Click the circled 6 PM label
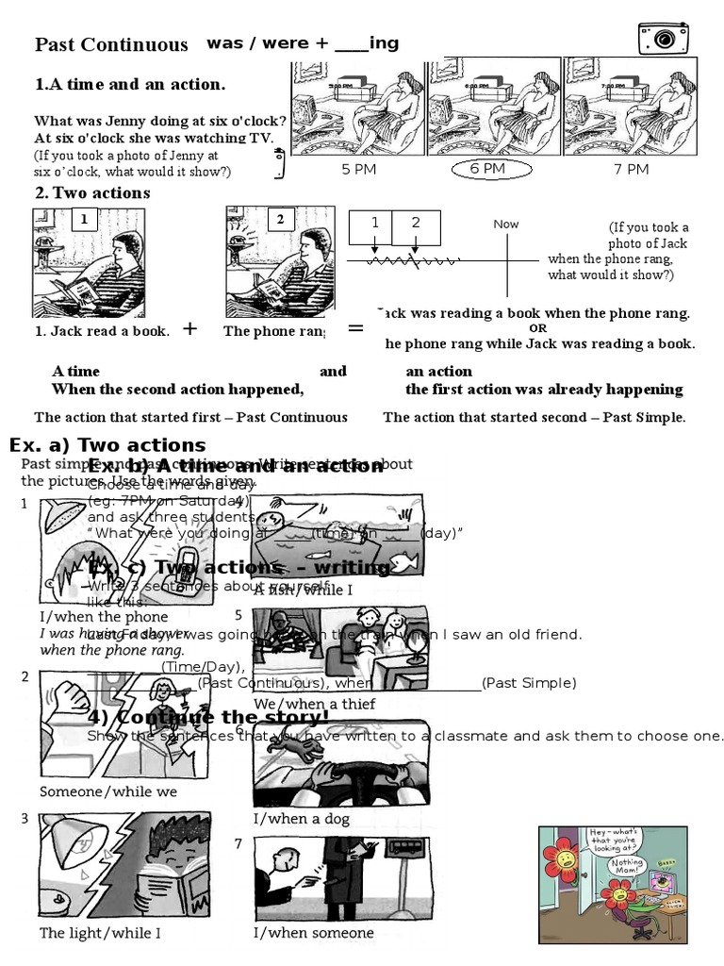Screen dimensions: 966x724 click(x=487, y=169)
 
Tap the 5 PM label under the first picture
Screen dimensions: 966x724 click(x=358, y=169)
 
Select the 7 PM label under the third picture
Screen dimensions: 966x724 click(x=631, y=169)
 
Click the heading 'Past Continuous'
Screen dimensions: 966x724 click(x=111, y=44)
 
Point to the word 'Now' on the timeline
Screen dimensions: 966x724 click(x=505, y=225)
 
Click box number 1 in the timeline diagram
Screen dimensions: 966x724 click(x=374, y=223)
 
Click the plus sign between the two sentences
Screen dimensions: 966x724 click(x=189, y=328)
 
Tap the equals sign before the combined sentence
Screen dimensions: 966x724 click(x=355, y=328)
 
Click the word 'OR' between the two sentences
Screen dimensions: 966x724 click(x=537, y=328)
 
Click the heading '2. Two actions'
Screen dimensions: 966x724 click(x=92, y=193)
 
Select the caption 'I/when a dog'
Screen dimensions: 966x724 click(x=301, y=819)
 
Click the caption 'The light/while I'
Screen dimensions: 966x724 click(x=100, y=933)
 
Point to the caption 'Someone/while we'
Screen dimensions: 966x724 click(x=108, y=791)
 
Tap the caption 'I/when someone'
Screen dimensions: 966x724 click(x=313, y=933)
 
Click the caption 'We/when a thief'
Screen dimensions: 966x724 click(x=314, y=704)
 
